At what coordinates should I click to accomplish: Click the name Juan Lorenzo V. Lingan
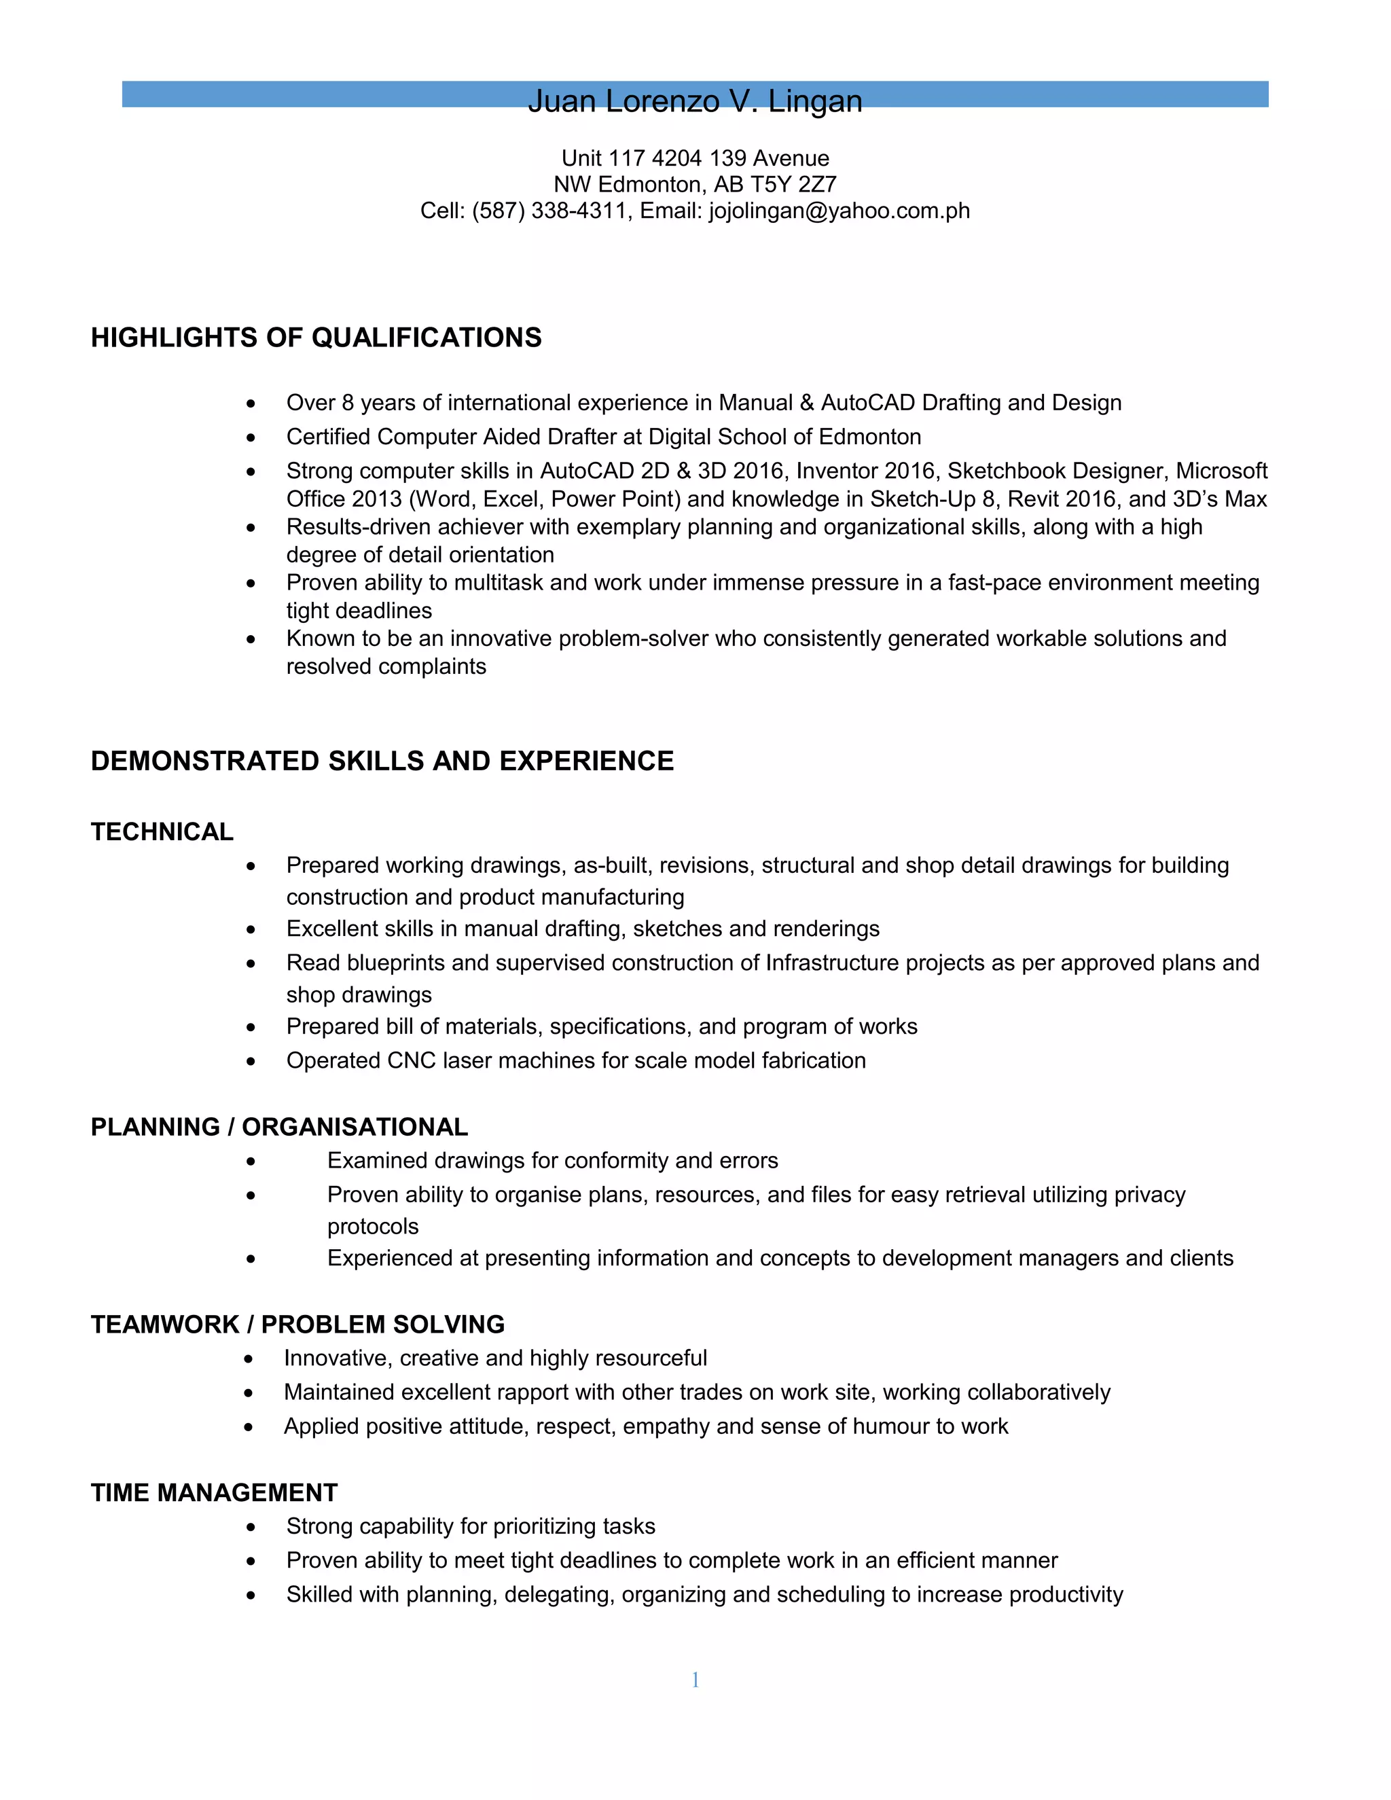695,101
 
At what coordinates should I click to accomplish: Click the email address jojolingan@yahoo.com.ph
839,211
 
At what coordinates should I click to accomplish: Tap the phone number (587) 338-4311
549,211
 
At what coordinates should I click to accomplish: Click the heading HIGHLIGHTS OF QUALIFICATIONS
317,338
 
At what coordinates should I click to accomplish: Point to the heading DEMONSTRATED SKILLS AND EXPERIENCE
382,761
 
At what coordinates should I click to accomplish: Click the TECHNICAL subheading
162,831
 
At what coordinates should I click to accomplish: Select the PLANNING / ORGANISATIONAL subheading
279,1127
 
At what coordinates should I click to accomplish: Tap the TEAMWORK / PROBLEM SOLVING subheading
297,1325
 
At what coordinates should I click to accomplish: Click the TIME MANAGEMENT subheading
214,1492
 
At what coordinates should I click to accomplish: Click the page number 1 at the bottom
695,1680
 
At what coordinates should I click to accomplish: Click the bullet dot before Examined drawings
251,1162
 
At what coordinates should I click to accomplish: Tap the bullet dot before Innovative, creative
249,1359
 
